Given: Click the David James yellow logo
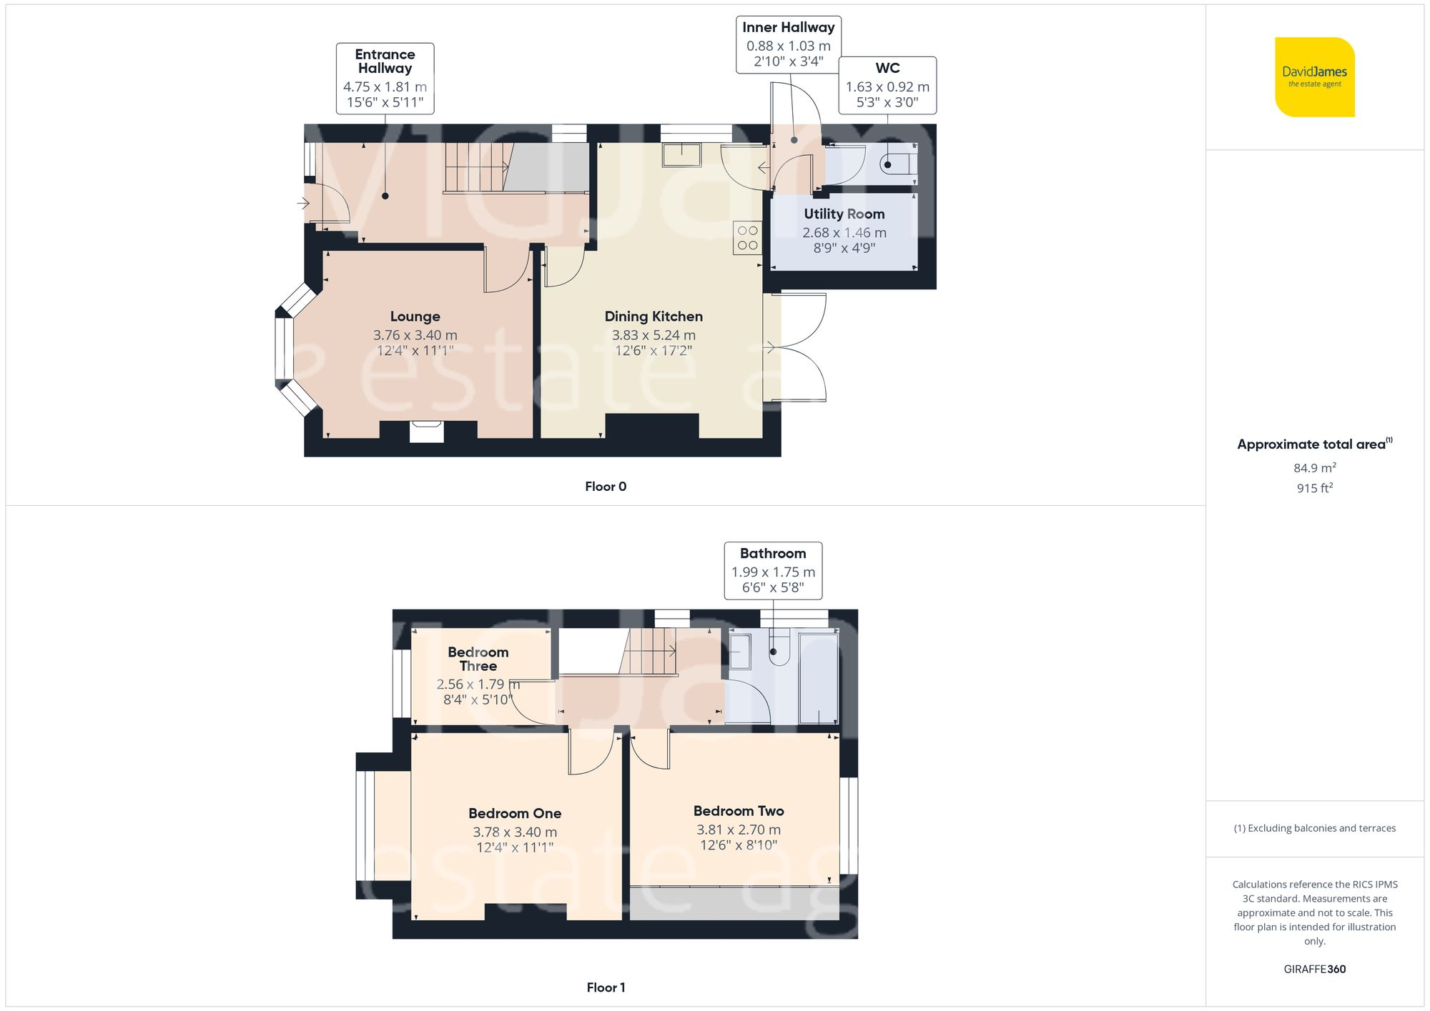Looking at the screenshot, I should [x=1314, y=77].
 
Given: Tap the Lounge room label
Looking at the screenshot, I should [x=415, y=317].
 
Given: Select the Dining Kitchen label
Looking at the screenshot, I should [x=654, y=317].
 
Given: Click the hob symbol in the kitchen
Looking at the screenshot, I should [x=747, y=238].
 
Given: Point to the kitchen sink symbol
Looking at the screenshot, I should [x=681, y=155].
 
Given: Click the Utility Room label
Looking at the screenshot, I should [x=844, y=214].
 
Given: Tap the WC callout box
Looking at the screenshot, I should [x=887, y=85].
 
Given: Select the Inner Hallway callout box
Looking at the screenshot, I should [x=788, y=44].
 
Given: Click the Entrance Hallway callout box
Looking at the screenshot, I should [x=385, y=78].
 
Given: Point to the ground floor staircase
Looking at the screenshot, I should [x=478, y=167].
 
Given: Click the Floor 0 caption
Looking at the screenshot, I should [x=605, y=487].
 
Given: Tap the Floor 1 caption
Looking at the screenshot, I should [x=605, y=987].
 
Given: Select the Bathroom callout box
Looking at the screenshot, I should [x=772, y=570].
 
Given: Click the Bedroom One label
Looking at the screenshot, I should [x=514, y=813].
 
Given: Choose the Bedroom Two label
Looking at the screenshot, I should [x=738, y=811].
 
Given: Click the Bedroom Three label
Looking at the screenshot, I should [x=478, y=659].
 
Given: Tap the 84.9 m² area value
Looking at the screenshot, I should [x=1314, y=468].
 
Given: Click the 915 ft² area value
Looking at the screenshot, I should [x=1314, y=488].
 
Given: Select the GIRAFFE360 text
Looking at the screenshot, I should [x=1314, y=969].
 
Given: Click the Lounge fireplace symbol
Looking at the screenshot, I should [x=426, y=432].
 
